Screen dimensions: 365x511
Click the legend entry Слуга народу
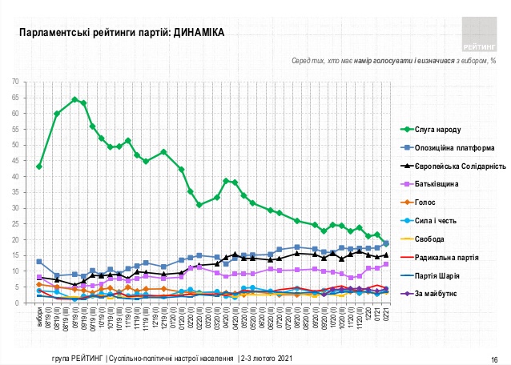coord(440,129)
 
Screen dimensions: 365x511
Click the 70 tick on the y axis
coord(26,82)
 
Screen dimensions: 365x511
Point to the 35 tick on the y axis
coord(26,192)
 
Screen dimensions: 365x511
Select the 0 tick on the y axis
coord(29,303)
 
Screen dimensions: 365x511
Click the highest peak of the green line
coord(74,99)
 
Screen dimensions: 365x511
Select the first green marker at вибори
coord(39,166)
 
